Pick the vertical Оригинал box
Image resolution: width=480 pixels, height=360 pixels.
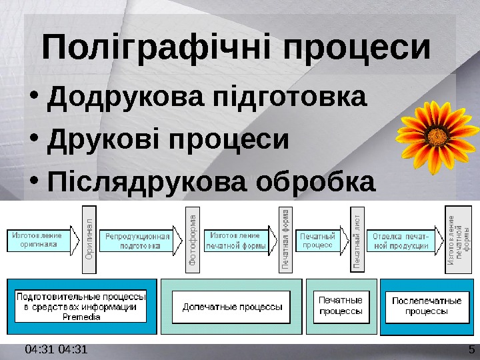90,239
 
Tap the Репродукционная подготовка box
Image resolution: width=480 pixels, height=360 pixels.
135,241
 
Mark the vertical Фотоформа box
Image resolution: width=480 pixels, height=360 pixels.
192,239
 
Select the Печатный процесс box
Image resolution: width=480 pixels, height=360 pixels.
318,241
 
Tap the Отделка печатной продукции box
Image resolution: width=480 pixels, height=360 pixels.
401,241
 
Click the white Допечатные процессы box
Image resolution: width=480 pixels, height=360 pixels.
231,307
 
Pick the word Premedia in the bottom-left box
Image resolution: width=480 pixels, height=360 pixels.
81,317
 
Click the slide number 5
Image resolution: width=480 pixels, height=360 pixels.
471,350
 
